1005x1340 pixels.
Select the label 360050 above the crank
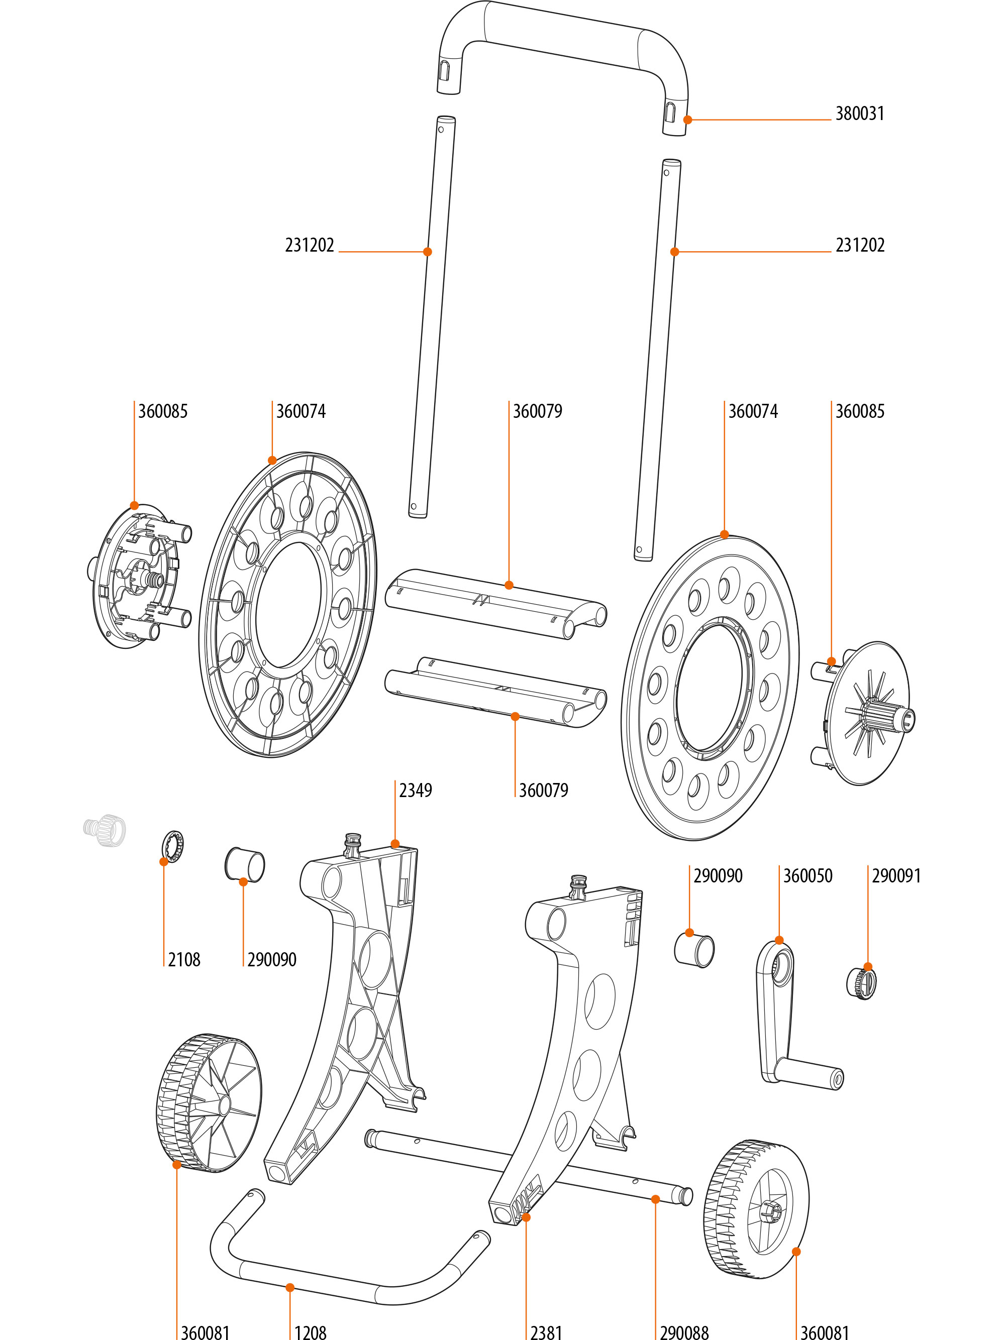(808, 876)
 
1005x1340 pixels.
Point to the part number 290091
(896, 876)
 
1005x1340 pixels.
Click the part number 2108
(184, 960)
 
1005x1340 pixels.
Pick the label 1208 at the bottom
(311, 1332)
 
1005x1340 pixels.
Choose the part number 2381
(546, 1332)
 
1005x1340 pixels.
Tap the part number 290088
(684, 1332)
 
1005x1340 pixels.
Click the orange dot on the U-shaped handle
(687, 120)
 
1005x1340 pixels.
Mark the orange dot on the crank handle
(779, 941)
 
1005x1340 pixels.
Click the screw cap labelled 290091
(861, 984)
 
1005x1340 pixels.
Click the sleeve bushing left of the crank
(694, 950)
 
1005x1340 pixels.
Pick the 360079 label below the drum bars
(543, 791)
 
